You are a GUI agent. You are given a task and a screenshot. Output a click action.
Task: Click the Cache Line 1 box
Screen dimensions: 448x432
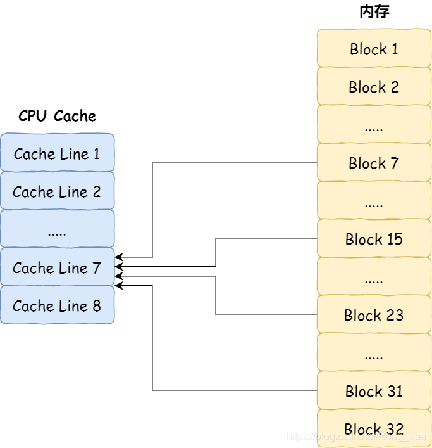57,153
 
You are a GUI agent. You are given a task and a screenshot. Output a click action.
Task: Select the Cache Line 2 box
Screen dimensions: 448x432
57,191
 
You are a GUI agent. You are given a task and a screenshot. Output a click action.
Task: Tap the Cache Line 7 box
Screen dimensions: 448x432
57,267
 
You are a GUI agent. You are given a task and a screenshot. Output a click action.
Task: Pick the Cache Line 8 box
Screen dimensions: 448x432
57,305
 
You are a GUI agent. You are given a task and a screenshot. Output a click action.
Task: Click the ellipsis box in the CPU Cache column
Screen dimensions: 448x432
57,229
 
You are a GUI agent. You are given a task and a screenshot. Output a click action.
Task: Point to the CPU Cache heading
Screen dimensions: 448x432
57,116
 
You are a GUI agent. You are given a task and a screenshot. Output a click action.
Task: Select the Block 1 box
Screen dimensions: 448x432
373,49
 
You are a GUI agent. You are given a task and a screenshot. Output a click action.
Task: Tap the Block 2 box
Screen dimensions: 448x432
373,87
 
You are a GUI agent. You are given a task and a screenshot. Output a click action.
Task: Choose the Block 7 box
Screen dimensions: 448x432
373,163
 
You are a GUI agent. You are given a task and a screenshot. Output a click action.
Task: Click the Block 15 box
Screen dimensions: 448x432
373,239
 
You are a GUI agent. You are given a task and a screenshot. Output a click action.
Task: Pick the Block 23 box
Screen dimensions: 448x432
373,315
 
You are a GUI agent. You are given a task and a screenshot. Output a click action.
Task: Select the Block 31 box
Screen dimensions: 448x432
373,391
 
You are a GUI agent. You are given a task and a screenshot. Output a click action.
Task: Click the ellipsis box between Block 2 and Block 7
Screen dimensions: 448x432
373,125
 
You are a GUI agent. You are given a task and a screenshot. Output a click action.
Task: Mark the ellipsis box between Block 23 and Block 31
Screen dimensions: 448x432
373,353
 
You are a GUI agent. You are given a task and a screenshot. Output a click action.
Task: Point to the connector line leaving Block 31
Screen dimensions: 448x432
234,390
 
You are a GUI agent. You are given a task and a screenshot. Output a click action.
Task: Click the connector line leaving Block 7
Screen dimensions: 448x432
234,162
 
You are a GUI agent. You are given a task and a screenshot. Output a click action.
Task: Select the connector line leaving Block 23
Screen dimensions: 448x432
266,314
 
